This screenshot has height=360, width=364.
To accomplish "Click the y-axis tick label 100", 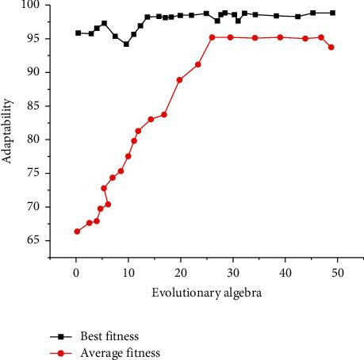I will [34, 6].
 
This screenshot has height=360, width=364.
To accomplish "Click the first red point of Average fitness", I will [77, 231].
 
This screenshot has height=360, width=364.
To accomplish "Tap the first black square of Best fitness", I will [78, 33].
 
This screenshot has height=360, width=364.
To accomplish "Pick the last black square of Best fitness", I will [332, 13].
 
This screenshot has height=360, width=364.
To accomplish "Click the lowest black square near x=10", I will [126, 44].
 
